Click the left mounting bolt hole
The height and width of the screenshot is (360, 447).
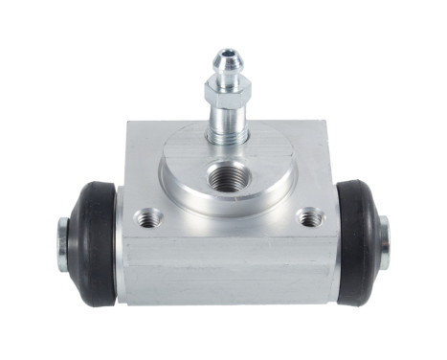pos(145,217)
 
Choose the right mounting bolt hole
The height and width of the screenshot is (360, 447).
pos(308,218)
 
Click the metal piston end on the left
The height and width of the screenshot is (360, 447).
pos(62,239)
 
